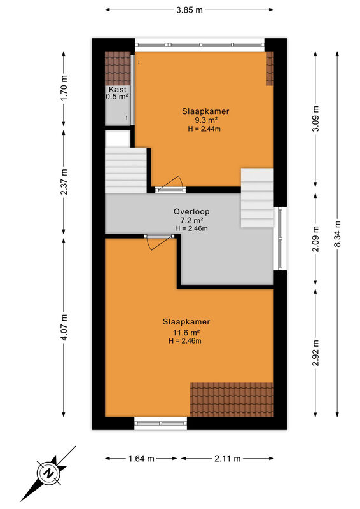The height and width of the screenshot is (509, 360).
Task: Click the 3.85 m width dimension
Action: coord(190,10)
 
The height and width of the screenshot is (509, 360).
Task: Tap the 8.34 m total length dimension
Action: coord(338,234)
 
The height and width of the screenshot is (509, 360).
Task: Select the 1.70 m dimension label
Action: coord(64,88)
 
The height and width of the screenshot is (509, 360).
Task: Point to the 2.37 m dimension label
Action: coord(64,182)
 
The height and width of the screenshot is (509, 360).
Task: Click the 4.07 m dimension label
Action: coord(64,327)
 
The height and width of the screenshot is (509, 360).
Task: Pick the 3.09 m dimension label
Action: coord(315,118)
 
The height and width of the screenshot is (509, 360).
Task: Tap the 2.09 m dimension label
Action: coord(315,238)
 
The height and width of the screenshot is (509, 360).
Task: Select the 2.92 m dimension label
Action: coord(315,352)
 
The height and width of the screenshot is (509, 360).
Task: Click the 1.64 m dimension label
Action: coord(141,459)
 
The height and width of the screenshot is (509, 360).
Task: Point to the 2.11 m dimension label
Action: coord(228,459)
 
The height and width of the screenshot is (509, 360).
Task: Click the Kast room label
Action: coord(118,89)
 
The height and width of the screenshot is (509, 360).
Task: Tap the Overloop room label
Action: coord(191,212)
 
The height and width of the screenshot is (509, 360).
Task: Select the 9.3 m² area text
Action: coord(206,120)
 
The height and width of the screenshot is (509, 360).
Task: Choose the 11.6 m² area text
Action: coord(186,333)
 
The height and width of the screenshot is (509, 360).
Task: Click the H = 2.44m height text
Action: coord(205,129)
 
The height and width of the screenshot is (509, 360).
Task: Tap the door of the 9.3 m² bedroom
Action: coord(170,185)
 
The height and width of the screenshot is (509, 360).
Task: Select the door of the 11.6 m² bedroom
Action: coord(158,242)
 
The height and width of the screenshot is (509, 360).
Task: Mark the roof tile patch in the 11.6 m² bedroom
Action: coord(232,400)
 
